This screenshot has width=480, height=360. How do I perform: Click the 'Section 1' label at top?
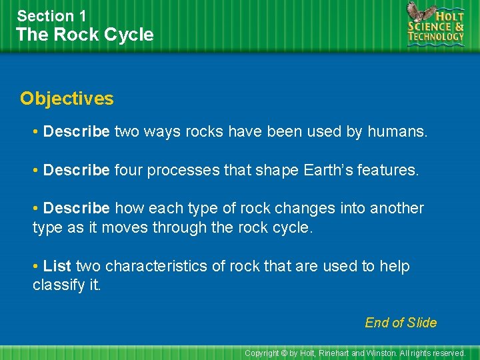click(x=51, y=15)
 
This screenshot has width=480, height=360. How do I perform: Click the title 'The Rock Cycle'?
click(x=85, y=35)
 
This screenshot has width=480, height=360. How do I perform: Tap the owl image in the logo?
click(x=420, y=14)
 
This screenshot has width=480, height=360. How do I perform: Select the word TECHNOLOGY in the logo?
click(x=436, y=37)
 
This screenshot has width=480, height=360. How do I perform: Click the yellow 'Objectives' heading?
click(x=67, y=99)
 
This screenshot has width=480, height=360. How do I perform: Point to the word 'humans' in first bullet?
click(x=395, y=132)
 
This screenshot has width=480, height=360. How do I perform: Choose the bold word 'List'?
click(x=57, y=266)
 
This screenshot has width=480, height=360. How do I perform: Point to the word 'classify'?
click(x=58, y=285)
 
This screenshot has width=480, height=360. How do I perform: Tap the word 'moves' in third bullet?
click(x=127, y=227)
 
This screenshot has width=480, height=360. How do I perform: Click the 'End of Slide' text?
click(x=401, y=323)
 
